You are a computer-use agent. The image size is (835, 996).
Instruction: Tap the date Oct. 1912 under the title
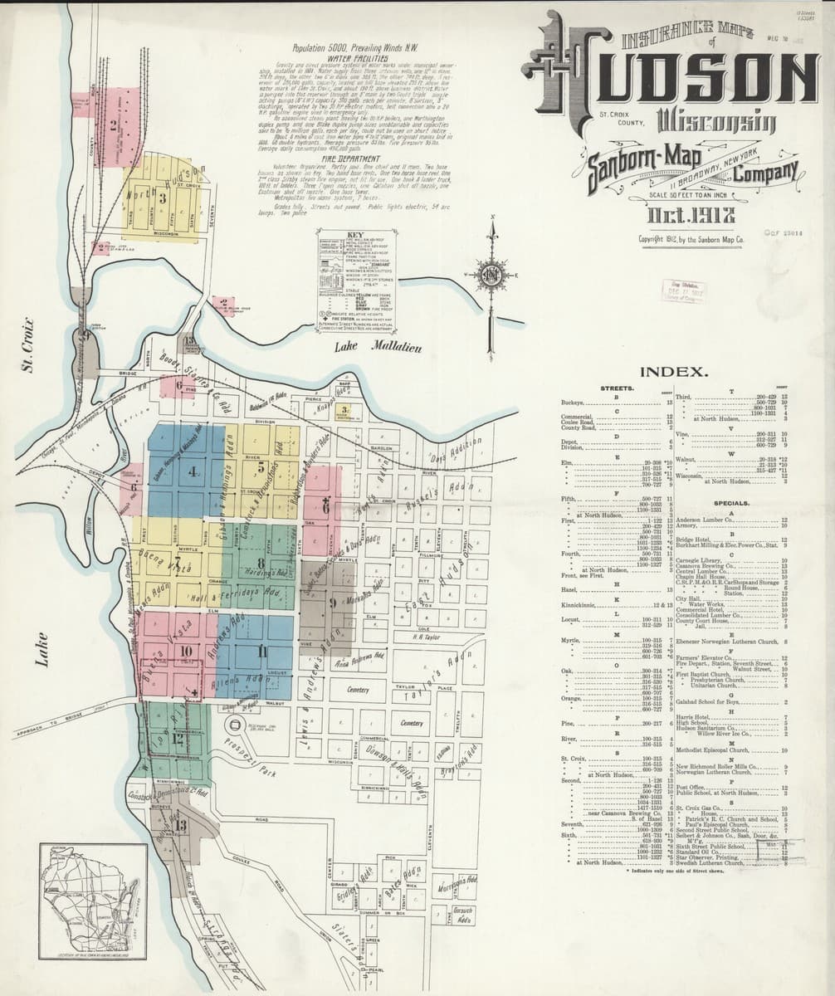point(691,218)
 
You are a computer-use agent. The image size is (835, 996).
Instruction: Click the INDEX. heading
point(675,372)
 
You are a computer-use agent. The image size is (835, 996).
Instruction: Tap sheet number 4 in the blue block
point(193,472)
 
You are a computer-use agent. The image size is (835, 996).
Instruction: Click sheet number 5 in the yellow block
point(261,465)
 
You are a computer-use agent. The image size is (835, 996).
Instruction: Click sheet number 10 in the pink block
point(186,652)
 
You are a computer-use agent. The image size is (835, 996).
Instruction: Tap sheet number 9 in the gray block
point(331,603)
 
